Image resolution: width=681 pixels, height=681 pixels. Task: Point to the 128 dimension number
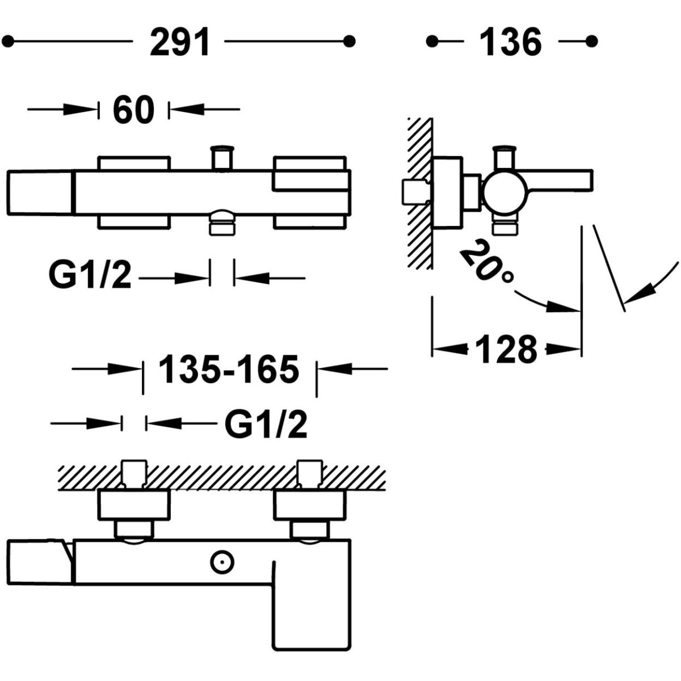506,349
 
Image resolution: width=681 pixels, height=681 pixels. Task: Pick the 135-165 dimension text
228,369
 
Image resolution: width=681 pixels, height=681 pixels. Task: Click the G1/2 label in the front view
91,278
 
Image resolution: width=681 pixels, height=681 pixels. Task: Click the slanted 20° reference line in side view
608,267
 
